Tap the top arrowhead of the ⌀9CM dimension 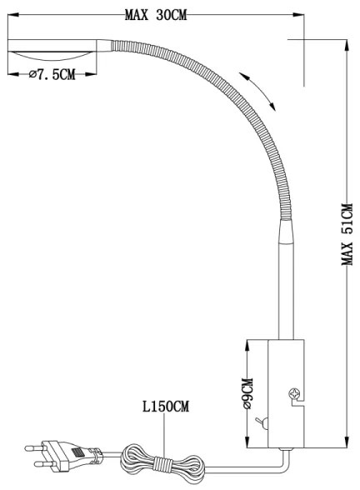pos(248,342)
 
